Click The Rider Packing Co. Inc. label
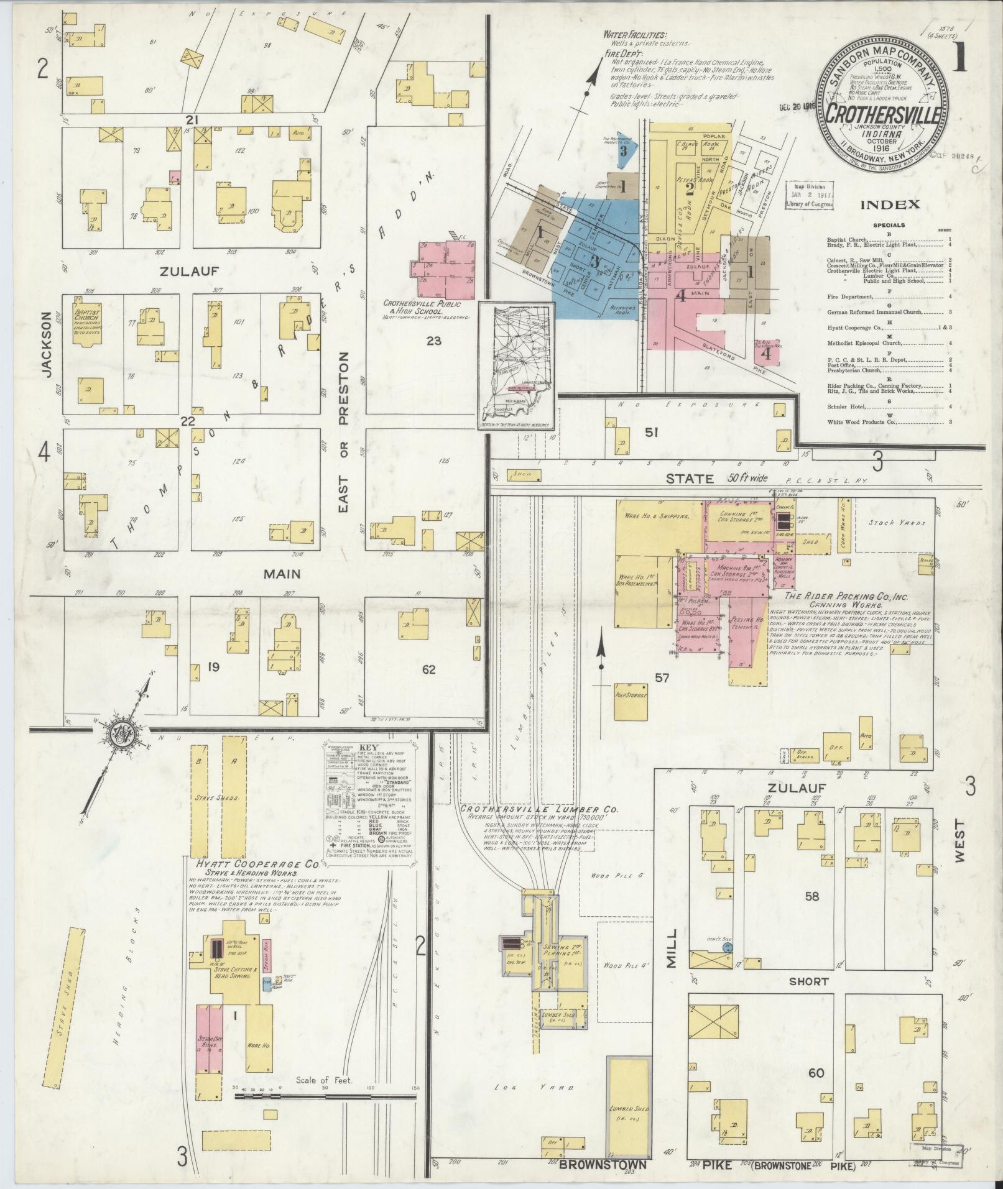(846, 595)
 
